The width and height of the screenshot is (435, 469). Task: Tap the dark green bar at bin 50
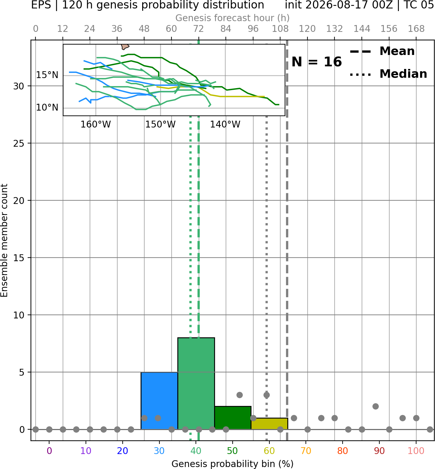coord(233,418)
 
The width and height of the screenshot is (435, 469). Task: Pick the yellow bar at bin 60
coord(269,423)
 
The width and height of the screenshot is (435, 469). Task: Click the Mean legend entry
coord(382,51)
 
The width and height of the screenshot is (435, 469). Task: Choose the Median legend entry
coord(388,74)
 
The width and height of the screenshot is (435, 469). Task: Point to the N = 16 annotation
coord(317,62)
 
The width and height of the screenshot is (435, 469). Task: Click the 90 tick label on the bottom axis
coord(379,451)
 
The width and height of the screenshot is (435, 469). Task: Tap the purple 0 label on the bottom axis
coord(49,451)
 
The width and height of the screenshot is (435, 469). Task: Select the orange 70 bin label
coord(306,451)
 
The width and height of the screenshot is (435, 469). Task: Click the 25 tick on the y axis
coord(19,143)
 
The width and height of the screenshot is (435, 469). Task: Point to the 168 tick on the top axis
coord(416,29)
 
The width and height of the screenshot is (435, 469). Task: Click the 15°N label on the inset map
coord(47,75)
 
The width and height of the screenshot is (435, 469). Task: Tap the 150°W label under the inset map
coord(160,124)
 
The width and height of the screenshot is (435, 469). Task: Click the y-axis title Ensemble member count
coord(4,240)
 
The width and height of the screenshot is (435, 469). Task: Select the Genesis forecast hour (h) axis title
coord(233,18)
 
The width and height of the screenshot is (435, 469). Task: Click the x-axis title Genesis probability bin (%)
coord(233,464)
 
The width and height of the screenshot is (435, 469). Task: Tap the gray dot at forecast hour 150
coord(375,407)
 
